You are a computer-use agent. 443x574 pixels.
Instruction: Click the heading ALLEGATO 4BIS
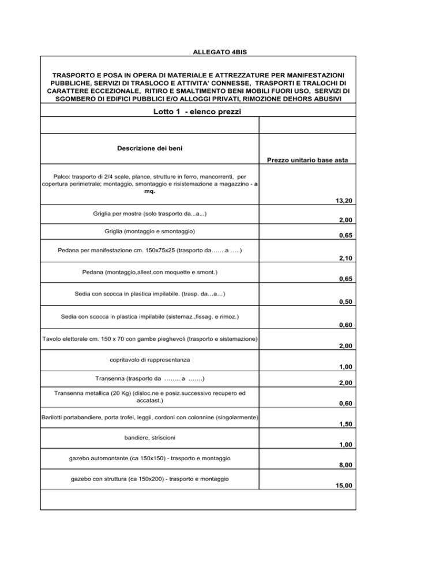click(221, 53)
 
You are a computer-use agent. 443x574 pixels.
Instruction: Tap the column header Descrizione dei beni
click(150, 148)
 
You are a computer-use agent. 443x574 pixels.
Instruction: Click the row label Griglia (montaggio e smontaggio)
click(150, 231)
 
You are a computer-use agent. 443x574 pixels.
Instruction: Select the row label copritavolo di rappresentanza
click(150, 360)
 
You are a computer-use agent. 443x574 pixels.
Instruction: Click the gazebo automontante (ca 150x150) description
click(150, 458)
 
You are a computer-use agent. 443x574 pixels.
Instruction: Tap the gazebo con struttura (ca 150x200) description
click(150, 479)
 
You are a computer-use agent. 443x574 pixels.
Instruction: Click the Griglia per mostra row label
click(150, 214)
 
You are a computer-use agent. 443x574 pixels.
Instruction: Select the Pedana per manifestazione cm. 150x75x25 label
click(150, 251)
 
